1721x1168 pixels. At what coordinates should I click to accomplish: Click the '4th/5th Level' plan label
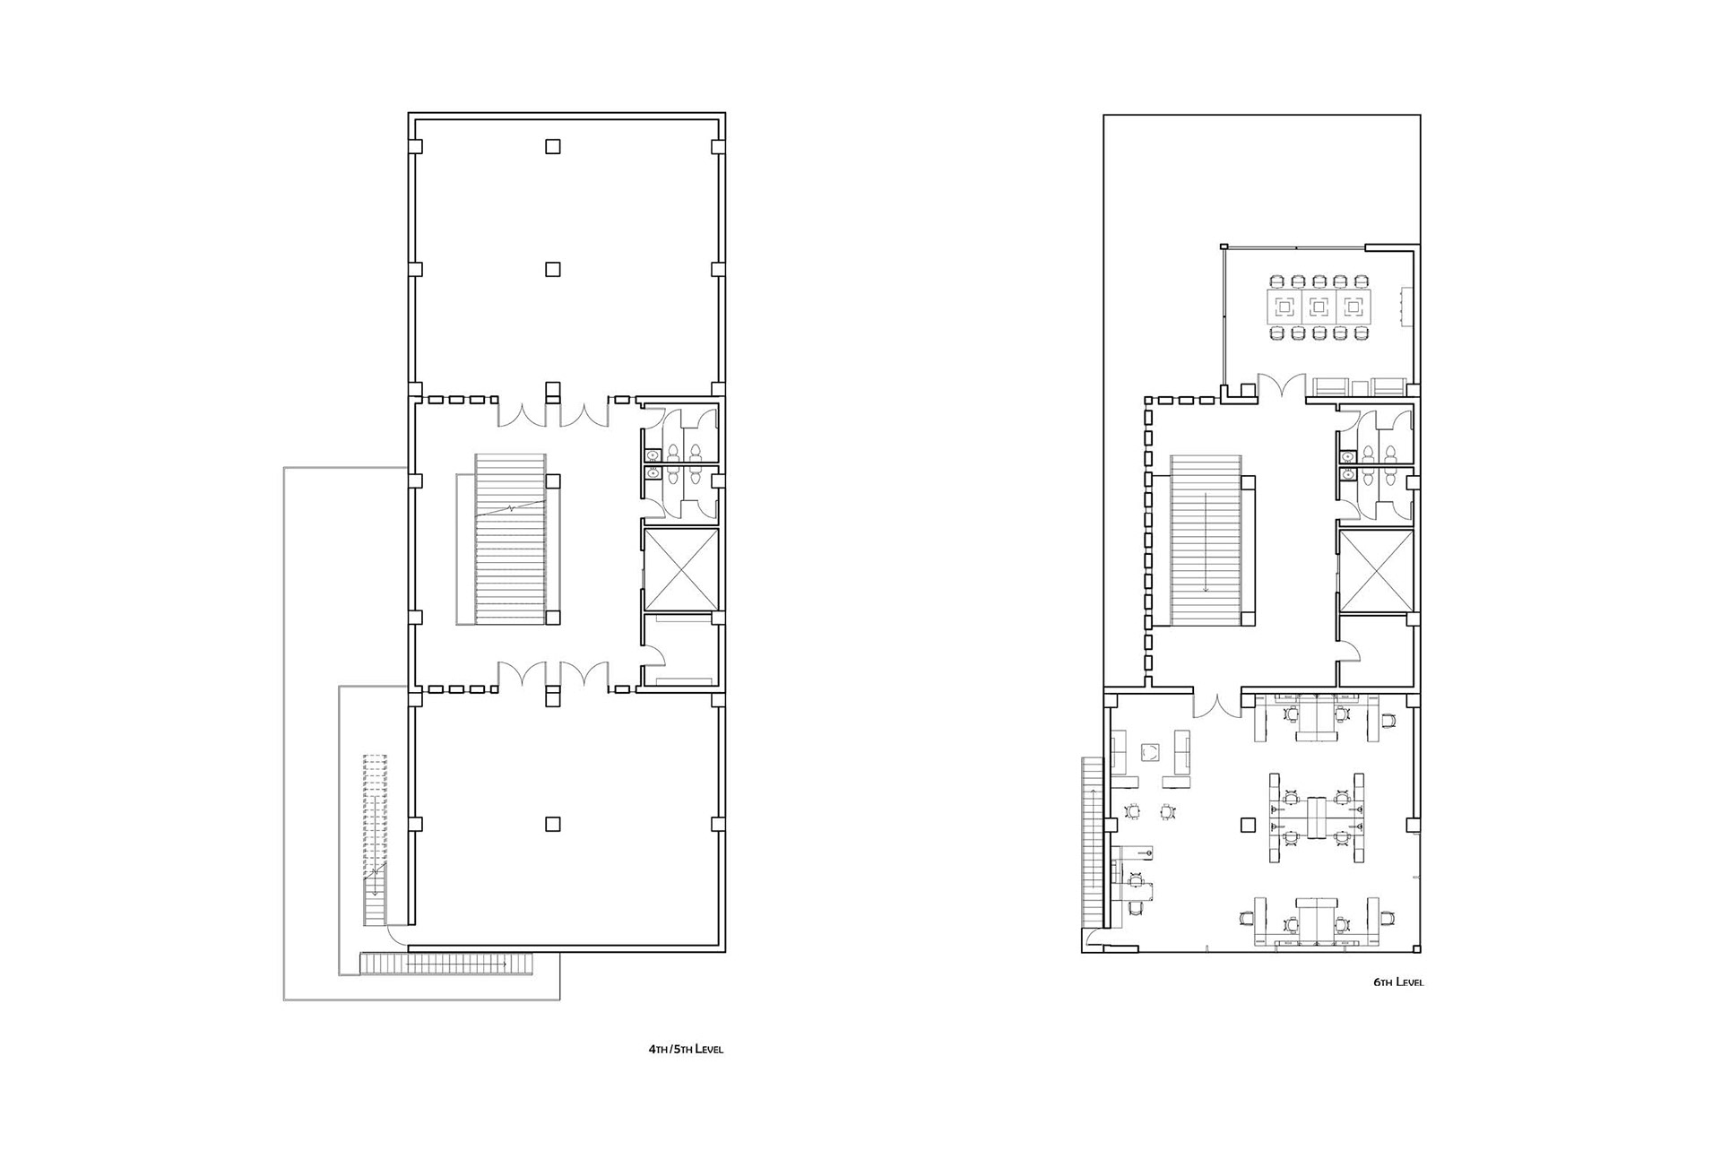(x=686, y=1049)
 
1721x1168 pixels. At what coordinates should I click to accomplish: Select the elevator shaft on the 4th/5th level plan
(x=681, y=570)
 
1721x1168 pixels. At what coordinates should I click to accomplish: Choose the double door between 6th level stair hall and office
(x=1217, y=704)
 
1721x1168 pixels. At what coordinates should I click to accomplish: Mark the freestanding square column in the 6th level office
(x=1247, y=824)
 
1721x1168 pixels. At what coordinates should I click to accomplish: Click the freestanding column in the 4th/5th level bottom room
(x=553, y=824)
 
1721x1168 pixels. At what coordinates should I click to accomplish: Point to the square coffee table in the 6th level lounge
(x=1150, y=751)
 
